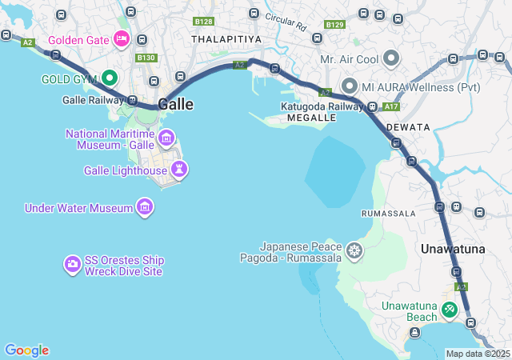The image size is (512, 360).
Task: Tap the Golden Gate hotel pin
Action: click(122, 38)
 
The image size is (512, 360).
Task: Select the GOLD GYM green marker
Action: click(109, 78)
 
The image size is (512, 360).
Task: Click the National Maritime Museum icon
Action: click(166, 138)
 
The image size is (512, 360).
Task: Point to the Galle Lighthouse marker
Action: click(179, 169)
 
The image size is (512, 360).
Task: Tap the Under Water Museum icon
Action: click(145, 208)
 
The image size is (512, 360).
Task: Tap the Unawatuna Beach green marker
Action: click(450, 308)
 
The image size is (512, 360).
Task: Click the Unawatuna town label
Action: click(453, 249)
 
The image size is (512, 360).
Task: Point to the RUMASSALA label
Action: click(389, 214)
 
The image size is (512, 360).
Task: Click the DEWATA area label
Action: click(408, 127)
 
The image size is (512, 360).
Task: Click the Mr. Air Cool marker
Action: click(391, 58)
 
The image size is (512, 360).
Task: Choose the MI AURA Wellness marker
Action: click(349, 85)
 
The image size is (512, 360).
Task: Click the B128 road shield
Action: click(204, 22)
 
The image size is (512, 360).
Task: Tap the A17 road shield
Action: click(390, 106)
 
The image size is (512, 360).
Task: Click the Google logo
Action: click(26, 350)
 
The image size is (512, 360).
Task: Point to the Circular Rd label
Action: click(286, 22)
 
